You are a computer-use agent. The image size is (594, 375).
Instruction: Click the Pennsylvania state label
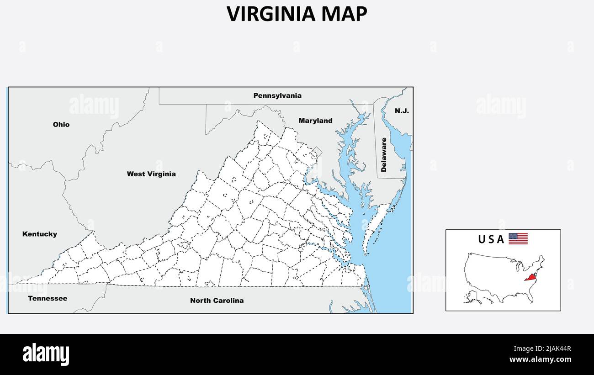click(277, 96)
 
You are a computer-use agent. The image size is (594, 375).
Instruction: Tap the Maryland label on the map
click(315, 121)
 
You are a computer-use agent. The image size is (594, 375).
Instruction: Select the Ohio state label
click(61, 124)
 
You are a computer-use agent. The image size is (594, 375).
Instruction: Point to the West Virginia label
click(151, 174)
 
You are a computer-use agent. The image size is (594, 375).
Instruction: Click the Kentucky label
click(40, 234)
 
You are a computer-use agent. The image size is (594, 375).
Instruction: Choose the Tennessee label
click(48, 299)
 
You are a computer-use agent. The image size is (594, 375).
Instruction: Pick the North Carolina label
click(217, 301)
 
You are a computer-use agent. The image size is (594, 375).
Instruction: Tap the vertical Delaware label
click(384, 154)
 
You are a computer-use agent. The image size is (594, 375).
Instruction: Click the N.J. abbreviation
click(402, 111)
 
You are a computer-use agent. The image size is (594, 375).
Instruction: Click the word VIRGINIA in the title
click(271, 14)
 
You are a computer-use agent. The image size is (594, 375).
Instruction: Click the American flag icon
click(518, 238)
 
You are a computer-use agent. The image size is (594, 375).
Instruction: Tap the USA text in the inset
click(491, 239)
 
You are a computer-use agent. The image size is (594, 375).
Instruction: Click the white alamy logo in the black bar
click(46, 354)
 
